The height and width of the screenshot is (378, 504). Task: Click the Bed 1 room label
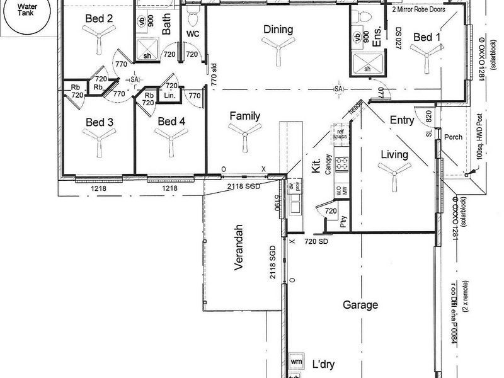point(427,38)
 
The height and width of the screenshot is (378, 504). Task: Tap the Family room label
point(245,116)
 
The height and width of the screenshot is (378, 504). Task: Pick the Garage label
point(360,305)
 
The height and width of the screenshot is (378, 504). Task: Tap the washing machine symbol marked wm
point(297,362)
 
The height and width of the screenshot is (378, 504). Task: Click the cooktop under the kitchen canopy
point(342,164)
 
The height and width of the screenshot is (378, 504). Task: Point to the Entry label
point(401,120)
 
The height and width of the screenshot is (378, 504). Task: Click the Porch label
point(453,137)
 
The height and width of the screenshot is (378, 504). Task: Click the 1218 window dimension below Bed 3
point(98,188)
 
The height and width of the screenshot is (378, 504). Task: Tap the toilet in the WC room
point(193,12)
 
